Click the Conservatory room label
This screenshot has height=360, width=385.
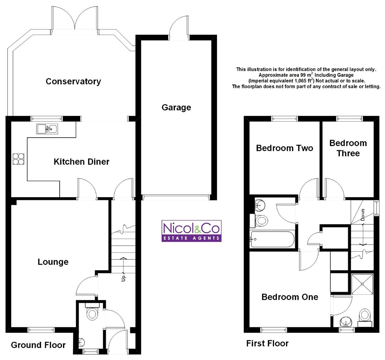(x=73, y=82)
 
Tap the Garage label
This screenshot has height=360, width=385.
(x=176, y=107)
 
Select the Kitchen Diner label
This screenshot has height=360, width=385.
(x=81, y=162)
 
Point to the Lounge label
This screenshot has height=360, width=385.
(x=53, y=262)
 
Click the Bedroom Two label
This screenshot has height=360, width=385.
(x=285, y=148)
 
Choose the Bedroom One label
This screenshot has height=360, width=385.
(x=290, y=297)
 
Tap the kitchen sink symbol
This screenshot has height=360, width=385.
(x=47, y=129)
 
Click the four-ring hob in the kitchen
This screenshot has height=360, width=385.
(x=18, y=159)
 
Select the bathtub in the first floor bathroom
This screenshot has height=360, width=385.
(x=272, y=239)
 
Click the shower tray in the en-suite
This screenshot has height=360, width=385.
(x=362, y=284)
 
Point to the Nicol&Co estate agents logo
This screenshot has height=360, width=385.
(x=192, y=231)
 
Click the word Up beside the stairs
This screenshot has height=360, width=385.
(x=123, y=278)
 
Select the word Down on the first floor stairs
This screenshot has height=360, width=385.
(x=363, y=215)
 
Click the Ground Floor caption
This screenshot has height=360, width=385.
(x=38, y=345)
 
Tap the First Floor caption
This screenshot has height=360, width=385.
(x=267, y=343)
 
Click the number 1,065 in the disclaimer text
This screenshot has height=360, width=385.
(x=301, y=81)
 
